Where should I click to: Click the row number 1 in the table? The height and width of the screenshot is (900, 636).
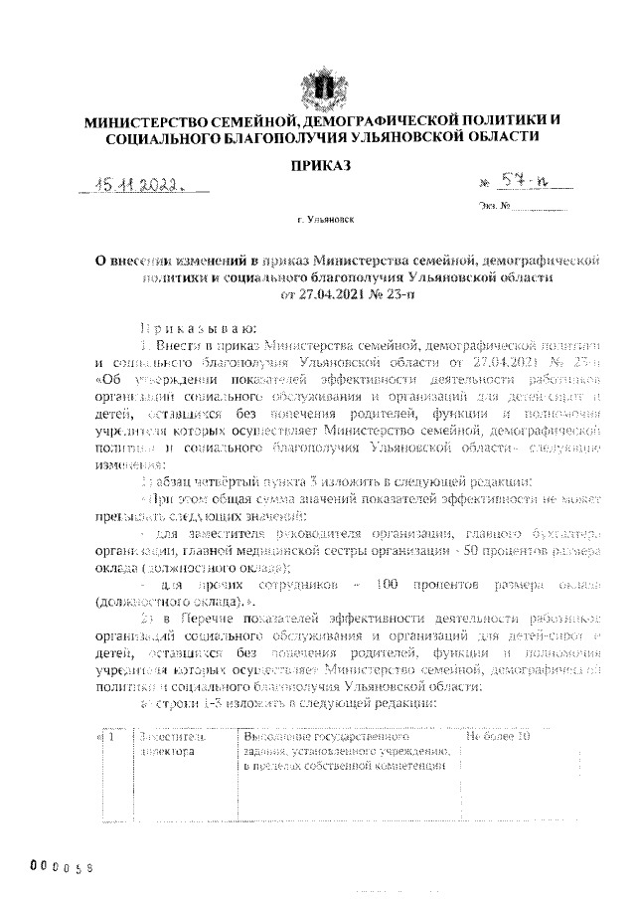(x=112, y=737)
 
